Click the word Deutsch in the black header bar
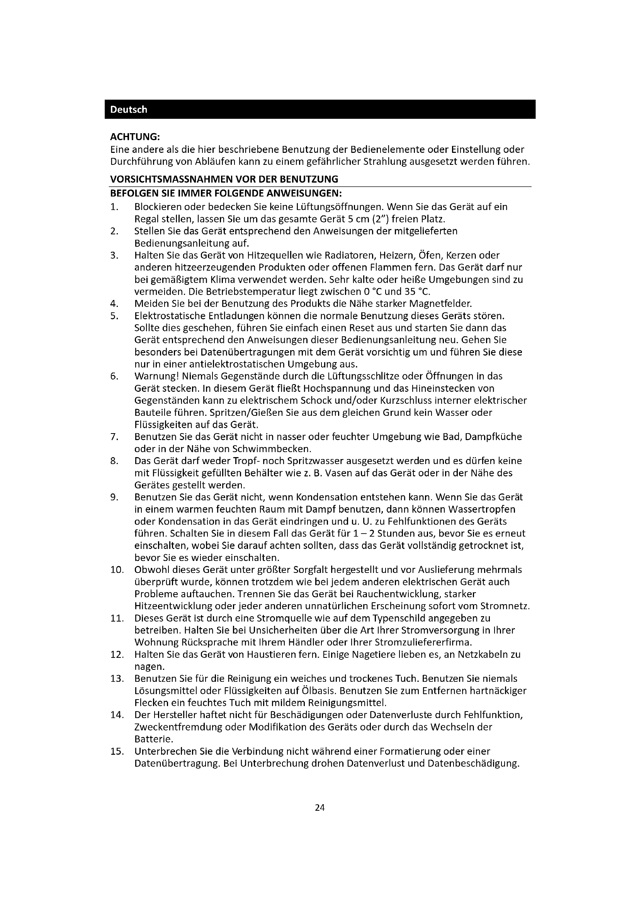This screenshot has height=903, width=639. (128, 110)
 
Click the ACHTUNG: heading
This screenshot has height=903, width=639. (135, 137)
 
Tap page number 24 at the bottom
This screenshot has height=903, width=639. (319, 808)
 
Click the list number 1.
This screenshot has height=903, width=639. (114, 207)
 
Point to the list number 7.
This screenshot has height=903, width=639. (114, 437)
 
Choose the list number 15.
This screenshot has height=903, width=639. (117, 752)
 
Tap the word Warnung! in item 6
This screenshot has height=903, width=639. (156, 376)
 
